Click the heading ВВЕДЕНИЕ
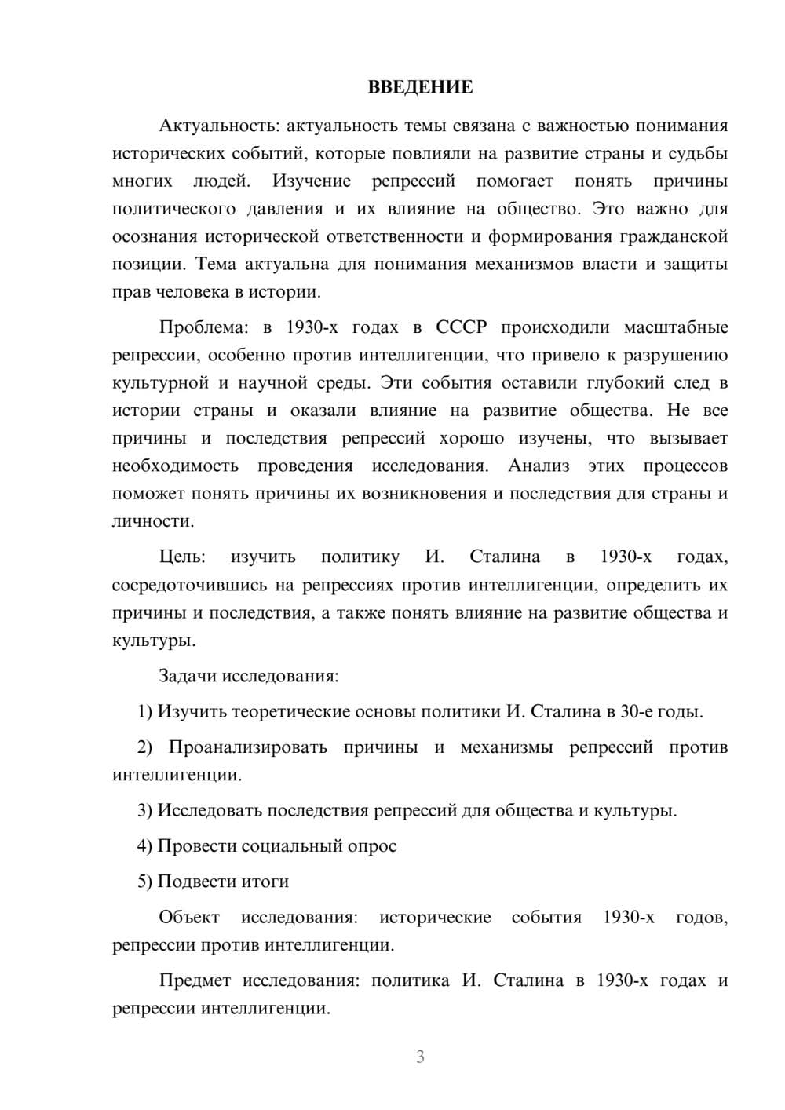pyautogui.click(x=420, y=87)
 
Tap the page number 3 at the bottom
pyautogui.click(x=420, y=1057)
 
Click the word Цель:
pyautogui.click(x=182, y=557)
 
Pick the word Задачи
pyautogui.click(x=188, y=676)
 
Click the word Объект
pyautogui.click(x=189, y=917)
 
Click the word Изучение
pyautogui.click(x=312, y=181)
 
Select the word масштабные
pyautogui.click(x=676, y=327)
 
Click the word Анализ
pyautogui.click(x=539, y=466)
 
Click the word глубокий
pyautogui.click(x=617, y=383)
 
